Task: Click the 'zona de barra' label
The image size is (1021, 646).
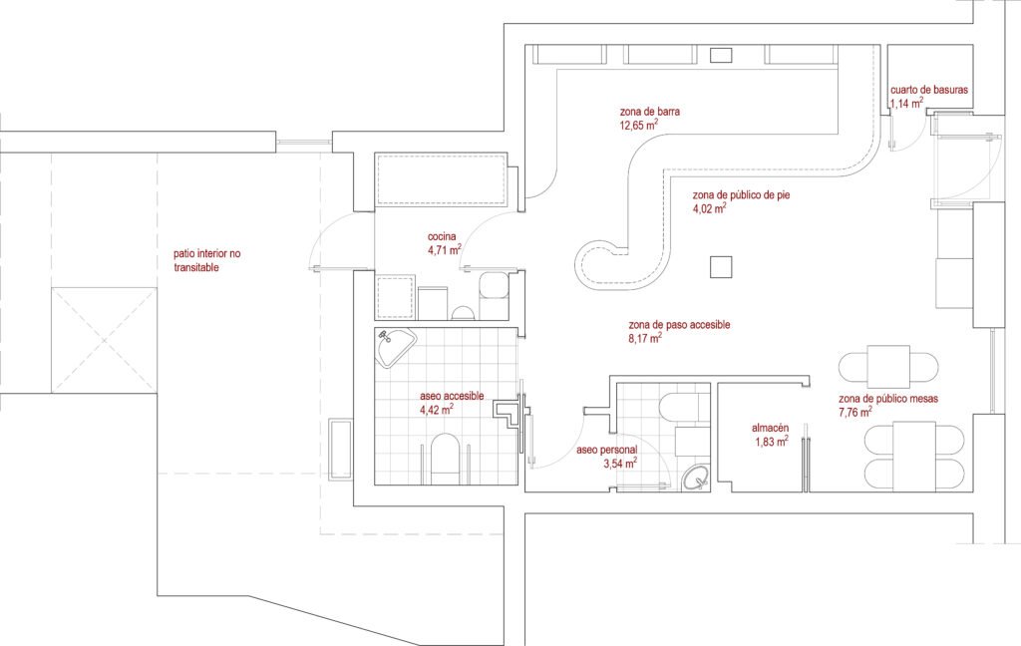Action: pyautogui.click(x=650, y=112)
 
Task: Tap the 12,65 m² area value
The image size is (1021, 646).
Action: pyautogui.click(x=638, y=125)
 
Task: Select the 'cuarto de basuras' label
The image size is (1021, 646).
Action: pyautogui.click(x=929, y=90)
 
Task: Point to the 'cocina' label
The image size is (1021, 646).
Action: pyautogui.click(x=442, y=236)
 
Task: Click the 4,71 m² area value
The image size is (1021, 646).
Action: pyautogui.click(x=445, y=249)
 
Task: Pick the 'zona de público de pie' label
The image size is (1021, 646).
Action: pyautogui.click(x=741, y=194)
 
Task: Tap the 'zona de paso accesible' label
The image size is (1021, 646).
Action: pyautogui.click(x=679, y=324)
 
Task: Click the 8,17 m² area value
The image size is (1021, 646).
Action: pyautogui.click(x=645, y=338)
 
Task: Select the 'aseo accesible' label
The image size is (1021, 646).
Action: pyautogui.click(x=452, y=396)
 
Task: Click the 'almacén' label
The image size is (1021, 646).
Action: pyautogui.click(x=771, y=428)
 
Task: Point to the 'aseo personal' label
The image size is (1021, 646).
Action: pyautogui.click(x=607, y=450)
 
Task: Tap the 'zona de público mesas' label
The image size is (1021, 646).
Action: pyautogui.click(x=888, y=399)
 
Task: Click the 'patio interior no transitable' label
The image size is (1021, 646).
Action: pyautogui.click(x=207, y=260)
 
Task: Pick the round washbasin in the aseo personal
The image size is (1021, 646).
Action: pyautogui.click(x=697, y=479)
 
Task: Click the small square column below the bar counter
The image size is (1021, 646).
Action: pyautogui.click(x=721, y=267)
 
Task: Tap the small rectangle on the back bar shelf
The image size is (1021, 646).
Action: pyautogui.click(x=721, y=56)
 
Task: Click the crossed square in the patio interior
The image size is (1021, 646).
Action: pyautogui.click(x=104, y=340)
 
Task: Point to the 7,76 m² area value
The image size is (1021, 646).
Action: pyautogui.click(x=855, y=412)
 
